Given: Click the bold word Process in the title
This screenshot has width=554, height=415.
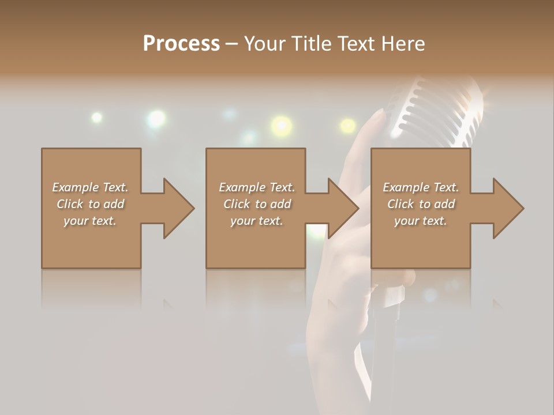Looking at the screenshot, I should point(181,44).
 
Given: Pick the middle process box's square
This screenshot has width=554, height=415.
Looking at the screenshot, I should point(256,248).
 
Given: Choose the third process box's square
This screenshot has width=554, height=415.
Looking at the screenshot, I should point(420,248).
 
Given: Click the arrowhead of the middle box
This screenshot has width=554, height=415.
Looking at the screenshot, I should point(343,208).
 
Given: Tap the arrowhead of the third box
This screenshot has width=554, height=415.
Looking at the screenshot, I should point(508,208).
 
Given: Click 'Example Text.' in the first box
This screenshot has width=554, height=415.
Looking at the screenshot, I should point(90,187).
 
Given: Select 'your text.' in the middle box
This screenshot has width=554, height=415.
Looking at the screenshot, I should point(256,221).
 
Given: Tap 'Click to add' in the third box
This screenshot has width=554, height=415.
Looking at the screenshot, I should point(421,204).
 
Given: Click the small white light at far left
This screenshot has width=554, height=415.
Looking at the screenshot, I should point(97,118).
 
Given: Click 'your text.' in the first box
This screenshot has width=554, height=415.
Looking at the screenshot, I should point(90,221).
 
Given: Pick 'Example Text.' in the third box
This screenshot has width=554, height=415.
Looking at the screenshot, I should point(421,187).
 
